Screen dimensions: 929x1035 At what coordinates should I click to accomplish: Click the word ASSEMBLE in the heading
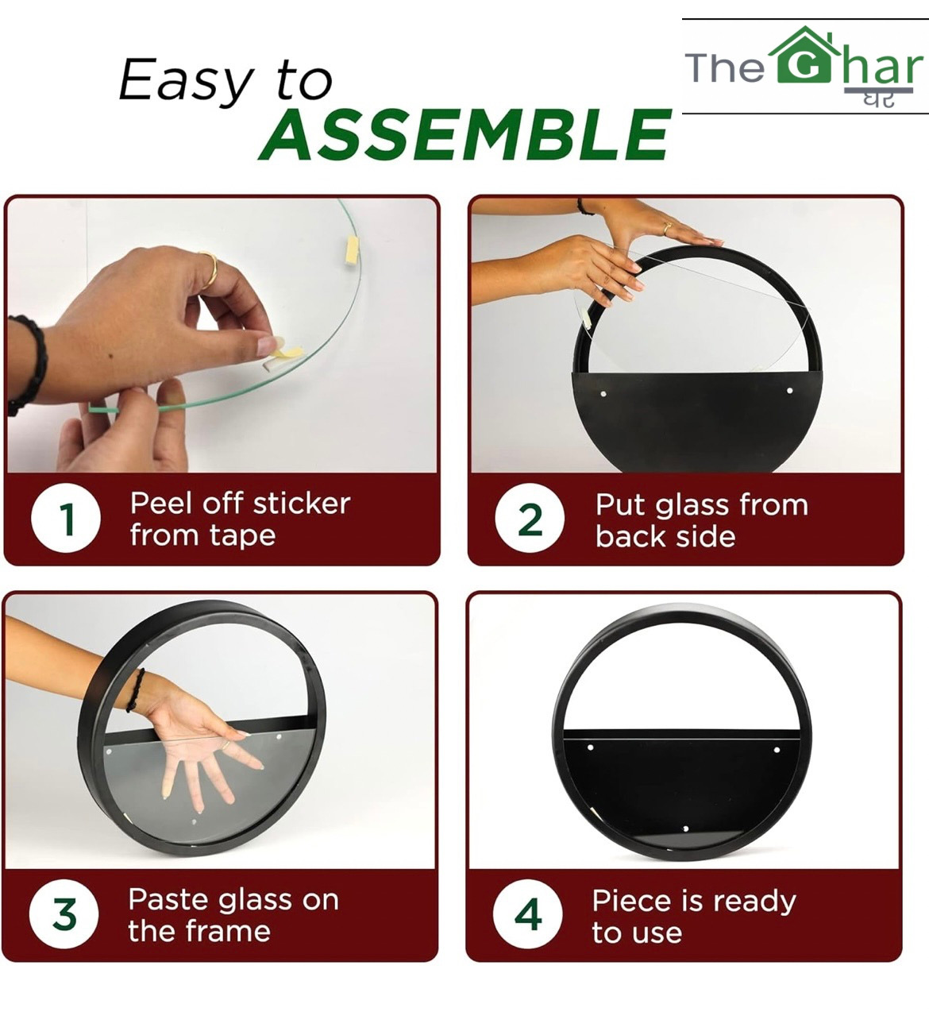[x=465, y=135]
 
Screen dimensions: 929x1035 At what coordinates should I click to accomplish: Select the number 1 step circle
[x=66, y=518]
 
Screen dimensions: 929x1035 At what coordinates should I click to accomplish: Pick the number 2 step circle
[x=530, y=518]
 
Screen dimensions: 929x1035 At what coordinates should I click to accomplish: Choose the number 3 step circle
[x=64, y=914]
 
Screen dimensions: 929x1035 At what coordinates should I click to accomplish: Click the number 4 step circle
[x=528, y=914]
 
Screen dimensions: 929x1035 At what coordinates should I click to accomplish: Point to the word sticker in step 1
[x=302, y=504]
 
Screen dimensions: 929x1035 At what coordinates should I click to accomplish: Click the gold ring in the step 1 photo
[x=210, y=270]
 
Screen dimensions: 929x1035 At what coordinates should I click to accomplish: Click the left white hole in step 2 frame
[x=603, y=394]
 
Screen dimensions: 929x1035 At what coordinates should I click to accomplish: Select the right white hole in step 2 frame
[x=789, y=391]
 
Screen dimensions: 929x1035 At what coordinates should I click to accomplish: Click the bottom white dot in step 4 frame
[x=685, y=828]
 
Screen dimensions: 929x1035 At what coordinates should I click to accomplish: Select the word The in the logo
[x=725, y=68]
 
